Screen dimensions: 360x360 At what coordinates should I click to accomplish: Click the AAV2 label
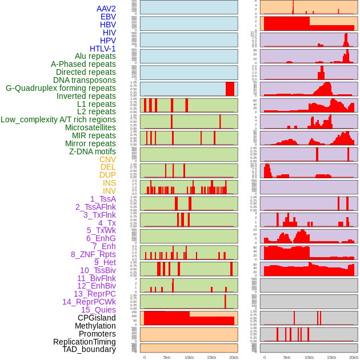click(106, 9)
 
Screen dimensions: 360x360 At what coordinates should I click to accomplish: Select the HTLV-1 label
click(103, 49)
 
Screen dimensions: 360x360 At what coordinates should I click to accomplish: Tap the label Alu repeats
click(95, 56)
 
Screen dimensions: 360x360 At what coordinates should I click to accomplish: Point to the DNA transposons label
click(85, 80)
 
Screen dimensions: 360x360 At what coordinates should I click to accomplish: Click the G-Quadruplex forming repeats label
click(61, 88)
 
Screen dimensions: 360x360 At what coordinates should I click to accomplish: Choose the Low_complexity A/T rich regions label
click(58, 119)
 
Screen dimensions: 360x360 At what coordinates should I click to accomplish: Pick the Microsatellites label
click(90, 127)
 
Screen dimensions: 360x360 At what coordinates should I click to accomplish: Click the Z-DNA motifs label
click(93, 151)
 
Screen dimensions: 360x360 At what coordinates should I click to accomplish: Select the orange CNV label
click(107, 159)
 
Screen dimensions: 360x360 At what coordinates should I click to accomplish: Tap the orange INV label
click(109, 191)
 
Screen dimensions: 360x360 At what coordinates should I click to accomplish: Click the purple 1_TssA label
click(103, 199)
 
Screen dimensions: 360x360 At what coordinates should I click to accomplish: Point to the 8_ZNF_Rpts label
click(93, 254)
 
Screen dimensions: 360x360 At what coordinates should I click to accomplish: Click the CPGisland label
click(97, 318)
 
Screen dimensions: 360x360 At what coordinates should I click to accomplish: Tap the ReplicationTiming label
click(84, 342)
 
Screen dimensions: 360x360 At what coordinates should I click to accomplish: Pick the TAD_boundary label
click(89, 349)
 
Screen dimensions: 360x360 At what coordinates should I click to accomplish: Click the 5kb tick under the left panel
click(167, 357)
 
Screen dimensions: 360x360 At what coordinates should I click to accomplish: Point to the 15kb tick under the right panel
click(331, 357)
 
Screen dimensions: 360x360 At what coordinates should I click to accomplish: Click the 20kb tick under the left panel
click(234, 357)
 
